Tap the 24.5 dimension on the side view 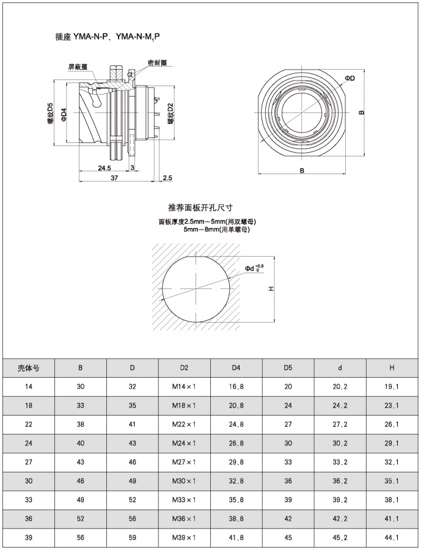click(105, 168)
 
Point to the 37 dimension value click(114, 178)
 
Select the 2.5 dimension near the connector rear click(167, 178)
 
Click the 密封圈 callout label click(157, 63)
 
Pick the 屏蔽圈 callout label click(78, 67)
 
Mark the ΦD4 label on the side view click(64, 115)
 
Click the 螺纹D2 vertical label click(171, 114)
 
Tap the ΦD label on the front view click(350, 78)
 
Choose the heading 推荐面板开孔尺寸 click(200, 208)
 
